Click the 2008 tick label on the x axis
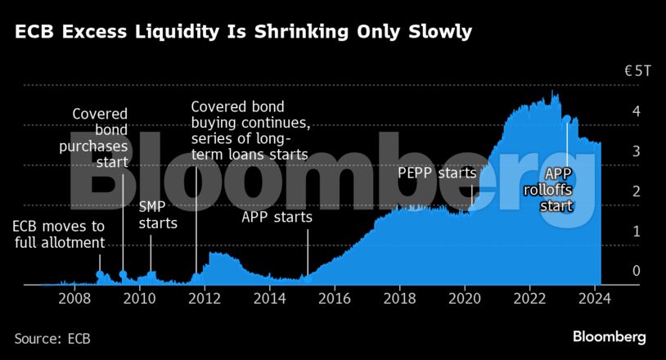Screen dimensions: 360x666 tap(74, 299)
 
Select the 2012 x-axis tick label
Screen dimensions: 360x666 tap(205, 299)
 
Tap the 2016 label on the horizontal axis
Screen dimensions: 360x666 tap(335, 299)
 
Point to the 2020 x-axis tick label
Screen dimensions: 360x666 tap(465, 299)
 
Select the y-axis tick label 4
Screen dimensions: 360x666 tap(635, 111)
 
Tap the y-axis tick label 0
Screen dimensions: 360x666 tap(635, 271)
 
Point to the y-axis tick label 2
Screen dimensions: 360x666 tap(635, 191)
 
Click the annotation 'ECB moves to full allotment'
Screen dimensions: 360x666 tap(59, 234)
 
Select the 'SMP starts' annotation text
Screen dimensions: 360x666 tap(157, 214)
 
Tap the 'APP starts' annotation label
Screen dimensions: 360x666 tap(277, 217)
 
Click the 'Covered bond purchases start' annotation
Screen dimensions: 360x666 tap(101, 137)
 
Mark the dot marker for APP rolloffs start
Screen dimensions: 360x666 tap(566, 119)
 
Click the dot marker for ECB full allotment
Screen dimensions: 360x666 tap(100, 275)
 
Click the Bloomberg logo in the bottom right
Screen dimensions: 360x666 tap(609, 336)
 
